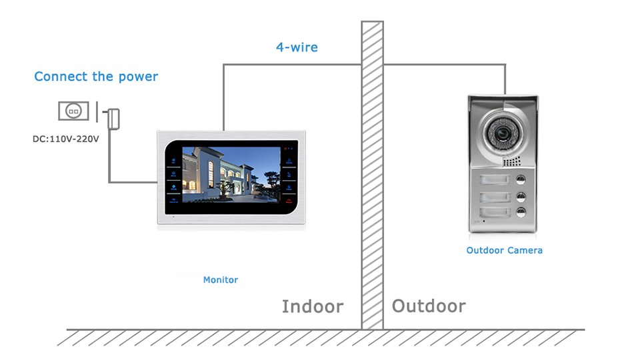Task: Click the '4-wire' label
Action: coord(297,47)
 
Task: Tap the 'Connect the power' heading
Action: coord(96,76)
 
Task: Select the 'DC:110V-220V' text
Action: coord(66,139)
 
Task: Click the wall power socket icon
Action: coord(73,111)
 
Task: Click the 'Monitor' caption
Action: coord(221,280)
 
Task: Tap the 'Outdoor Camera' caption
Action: coord(505,250)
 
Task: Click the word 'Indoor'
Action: coord(313,307)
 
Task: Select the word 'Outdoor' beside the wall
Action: coord(429,306)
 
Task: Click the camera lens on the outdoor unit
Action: coord(501,133)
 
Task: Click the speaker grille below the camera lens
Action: coord(512,161)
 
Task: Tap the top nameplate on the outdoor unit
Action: coord(495,179)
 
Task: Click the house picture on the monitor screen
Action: coord(231,175)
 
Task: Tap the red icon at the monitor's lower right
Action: coord(289,200)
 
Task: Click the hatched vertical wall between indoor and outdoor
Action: coord(372,175)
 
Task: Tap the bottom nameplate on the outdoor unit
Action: coord(495,212)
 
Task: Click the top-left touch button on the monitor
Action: coord(173,161)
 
